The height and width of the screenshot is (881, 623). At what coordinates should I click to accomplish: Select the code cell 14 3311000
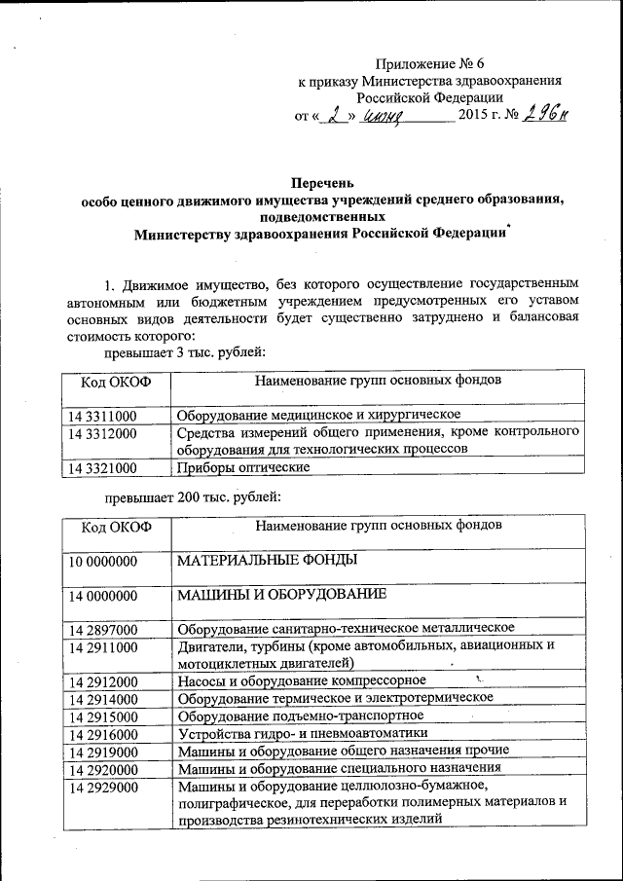[x=102, y=415]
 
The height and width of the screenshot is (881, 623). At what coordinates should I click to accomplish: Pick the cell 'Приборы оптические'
[x=243, y=468]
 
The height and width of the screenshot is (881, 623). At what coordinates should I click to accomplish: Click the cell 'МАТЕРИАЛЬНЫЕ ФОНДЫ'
[x=267, y=561]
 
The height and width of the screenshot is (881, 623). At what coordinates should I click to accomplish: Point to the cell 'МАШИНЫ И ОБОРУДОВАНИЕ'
[x=282, y=594]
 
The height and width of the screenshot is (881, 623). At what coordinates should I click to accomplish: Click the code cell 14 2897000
[x=102, y=629]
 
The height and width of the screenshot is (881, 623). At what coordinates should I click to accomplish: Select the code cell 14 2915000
[x=102, y=716]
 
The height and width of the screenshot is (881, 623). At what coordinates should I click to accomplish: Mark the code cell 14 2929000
[x=102, y=787]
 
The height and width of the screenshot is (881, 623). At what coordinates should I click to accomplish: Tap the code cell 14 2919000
[x=102, y=752]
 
